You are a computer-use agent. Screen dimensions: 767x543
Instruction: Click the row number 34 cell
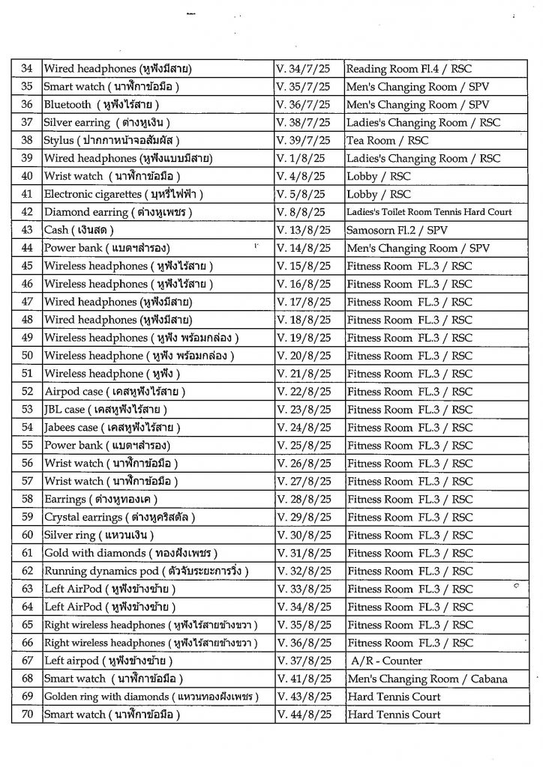(x=26, y=69)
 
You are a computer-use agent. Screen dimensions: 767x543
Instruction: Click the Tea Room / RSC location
(x=387, y=141)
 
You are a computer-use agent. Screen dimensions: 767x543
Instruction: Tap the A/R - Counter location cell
(x=386, y=661)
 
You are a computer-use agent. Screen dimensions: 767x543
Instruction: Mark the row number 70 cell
(x=26, y=715)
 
